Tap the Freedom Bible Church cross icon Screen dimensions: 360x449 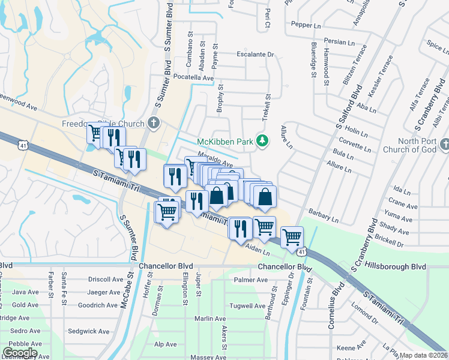[x=154, y=124]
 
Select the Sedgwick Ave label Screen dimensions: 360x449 [x=88, y=331]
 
